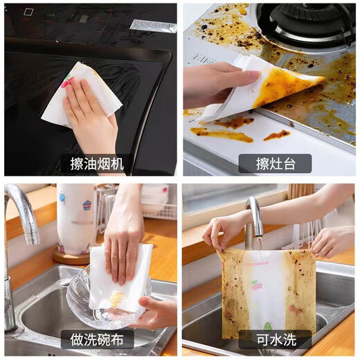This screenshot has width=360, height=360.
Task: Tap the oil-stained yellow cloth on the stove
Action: (x=287, y=87)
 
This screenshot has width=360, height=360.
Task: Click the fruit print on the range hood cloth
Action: (x=67, y=82)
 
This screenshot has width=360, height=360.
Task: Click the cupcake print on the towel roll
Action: (x=87, y=206)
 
